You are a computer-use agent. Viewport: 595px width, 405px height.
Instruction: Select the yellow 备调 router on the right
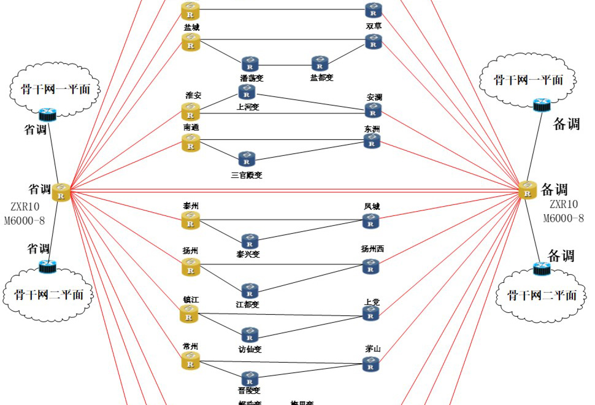click(527, 190)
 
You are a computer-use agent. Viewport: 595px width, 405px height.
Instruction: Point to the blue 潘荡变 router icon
click(249, 64)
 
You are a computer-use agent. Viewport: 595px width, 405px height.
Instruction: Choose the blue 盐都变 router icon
click(320, 63)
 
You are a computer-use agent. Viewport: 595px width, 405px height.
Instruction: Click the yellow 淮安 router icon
click(191, 111)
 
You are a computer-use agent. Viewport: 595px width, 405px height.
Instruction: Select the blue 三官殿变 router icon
click(247, 160)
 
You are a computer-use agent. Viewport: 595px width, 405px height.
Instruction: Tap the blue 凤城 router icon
click(370, 222)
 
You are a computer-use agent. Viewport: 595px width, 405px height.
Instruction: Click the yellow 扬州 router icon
click(191, 266)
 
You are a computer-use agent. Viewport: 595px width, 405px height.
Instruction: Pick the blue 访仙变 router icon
click(249, 335)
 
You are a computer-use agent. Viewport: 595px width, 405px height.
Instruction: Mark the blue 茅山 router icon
click(370, 364)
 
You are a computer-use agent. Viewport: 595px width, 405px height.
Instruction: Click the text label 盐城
click(191, 28)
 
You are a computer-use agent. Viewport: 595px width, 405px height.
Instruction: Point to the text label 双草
click(374, 26)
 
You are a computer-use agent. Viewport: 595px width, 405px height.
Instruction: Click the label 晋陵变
click(250, 390)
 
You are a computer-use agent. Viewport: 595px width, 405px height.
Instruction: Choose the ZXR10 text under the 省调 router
click(26, 207)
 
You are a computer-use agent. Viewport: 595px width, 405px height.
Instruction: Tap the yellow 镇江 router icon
click(189, 315)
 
